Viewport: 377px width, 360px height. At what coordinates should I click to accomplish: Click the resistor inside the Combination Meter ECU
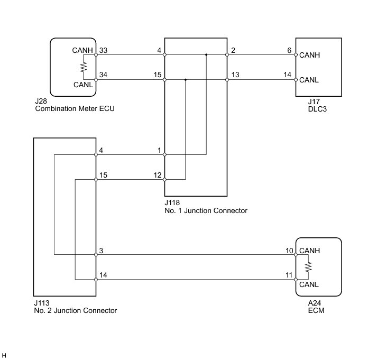(x=84, y=67)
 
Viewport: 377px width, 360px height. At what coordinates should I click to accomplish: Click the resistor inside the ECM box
(x=308, y=267)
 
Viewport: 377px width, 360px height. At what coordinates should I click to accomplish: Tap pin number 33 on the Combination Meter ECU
(x=103, y=50)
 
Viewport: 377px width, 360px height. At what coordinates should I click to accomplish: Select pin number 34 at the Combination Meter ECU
(x=103, y=75)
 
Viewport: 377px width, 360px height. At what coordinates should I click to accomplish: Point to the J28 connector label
(x=41, y=101)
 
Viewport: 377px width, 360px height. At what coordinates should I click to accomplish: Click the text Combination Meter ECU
(x=75, y=108)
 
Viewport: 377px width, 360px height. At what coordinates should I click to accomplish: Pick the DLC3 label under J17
(x=317, y=109)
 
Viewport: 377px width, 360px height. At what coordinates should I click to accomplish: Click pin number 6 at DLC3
(x=289, y=50)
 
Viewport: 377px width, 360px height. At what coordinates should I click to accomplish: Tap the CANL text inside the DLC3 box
(x=309, y=80)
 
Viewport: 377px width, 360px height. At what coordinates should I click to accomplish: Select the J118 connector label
(x=172, y=202)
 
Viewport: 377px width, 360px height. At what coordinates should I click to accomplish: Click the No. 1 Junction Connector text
(x=206, y=211)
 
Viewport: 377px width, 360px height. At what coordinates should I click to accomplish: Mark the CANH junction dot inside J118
(x=206, y=55)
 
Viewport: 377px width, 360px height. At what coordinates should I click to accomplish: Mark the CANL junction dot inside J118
(x=186, y=79)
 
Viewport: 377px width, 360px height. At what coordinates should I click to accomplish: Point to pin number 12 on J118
(x=158, y=175)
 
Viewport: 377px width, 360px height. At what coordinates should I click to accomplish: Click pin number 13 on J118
(x=235, y=75)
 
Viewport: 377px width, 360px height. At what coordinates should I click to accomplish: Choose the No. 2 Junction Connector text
(x=76, y=310)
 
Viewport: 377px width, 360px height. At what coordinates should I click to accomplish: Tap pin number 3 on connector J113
(x=101, y=251)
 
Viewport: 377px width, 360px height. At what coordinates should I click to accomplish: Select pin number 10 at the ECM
(x=289, y=251)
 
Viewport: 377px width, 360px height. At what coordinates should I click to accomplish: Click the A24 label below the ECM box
(x=315, y=303)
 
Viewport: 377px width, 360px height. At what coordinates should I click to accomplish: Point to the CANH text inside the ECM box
(x=309, y=251)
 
